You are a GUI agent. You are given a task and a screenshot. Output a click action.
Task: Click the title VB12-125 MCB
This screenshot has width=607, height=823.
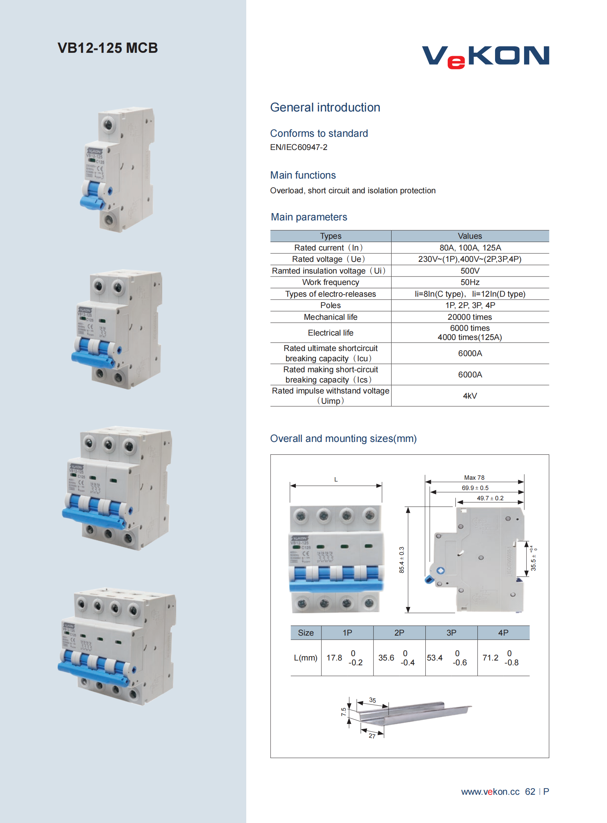pos(108,48)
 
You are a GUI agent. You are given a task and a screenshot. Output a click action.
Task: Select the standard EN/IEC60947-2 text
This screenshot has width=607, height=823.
pos(298,147)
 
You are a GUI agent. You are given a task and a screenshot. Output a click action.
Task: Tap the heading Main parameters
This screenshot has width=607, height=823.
pos(309,217)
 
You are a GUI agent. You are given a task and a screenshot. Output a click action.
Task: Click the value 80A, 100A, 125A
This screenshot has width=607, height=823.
pos(470,248)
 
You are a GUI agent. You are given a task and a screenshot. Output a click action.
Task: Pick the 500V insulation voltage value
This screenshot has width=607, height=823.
pos(470,271)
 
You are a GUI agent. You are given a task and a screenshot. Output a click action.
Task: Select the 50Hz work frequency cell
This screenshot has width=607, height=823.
pos(470,282)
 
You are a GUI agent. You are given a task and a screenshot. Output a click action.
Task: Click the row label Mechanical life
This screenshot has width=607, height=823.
pos(330,317)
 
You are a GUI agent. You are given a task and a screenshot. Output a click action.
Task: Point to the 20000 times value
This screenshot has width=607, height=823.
pos(470,317)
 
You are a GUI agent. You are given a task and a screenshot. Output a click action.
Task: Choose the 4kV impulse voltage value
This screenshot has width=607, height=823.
pos(470,395)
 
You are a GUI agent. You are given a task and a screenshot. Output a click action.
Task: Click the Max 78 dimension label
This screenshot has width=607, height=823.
pos(474,478)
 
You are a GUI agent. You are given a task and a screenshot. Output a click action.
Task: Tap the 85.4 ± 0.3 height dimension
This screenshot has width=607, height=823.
pos(401,560)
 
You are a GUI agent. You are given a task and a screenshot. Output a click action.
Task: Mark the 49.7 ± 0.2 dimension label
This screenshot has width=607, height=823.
pos(490,498)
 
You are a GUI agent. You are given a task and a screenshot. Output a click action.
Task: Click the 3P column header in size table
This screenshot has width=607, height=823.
pos(451,633)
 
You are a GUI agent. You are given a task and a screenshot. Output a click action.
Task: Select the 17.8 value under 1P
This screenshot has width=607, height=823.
pos(334,658)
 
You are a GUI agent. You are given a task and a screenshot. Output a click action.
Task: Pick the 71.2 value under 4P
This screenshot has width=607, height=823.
pos(490,658)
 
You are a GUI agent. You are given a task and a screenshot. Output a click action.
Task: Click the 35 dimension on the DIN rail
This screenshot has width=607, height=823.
pos(372,700)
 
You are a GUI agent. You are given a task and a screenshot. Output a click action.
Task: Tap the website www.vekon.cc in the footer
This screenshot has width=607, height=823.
pos(490,791)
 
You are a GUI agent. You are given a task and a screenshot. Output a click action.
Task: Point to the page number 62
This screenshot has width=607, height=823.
pos(530,791)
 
